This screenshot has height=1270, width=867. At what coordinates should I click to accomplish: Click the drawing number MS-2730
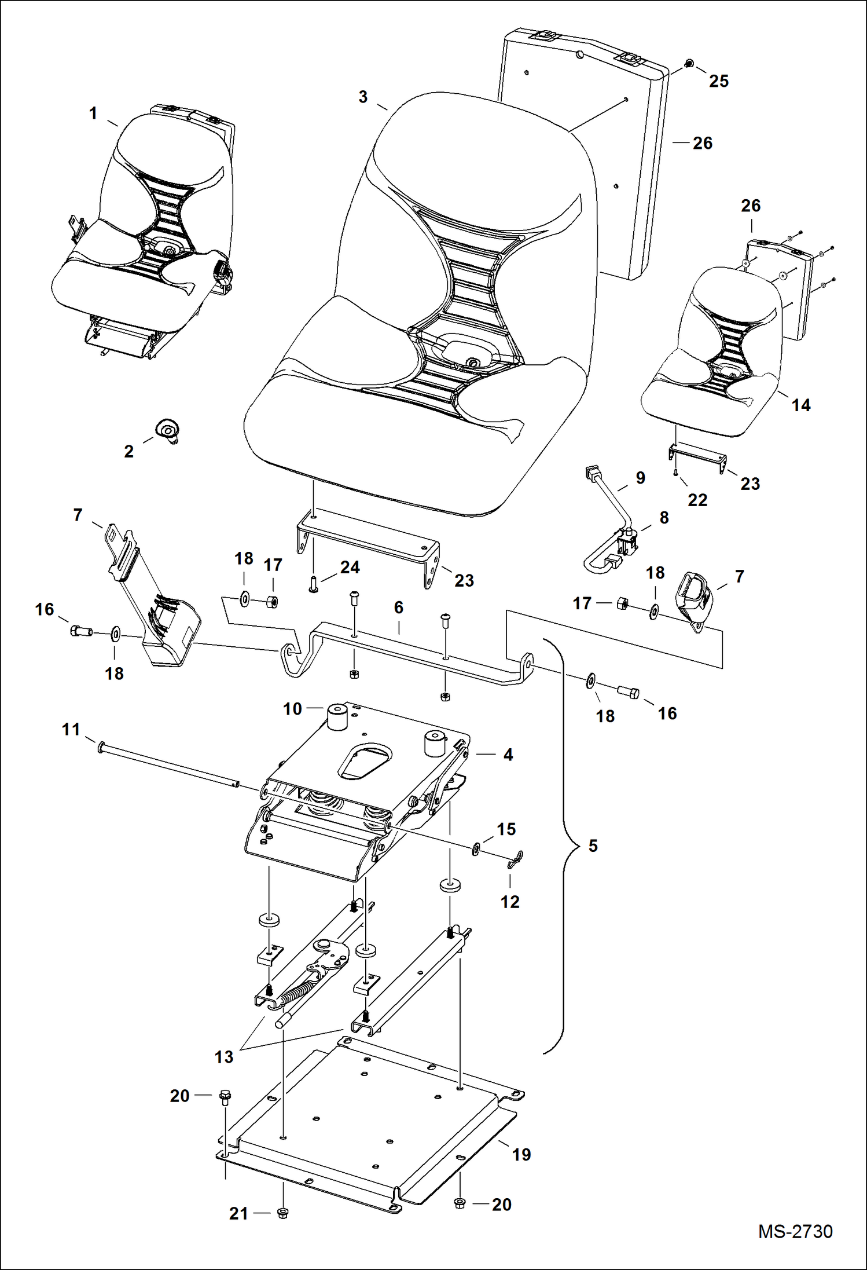tap(795, 1231)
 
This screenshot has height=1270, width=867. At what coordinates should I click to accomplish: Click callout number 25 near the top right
tap(718, 81)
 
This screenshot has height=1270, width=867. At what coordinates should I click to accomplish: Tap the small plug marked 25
tap(689, 63)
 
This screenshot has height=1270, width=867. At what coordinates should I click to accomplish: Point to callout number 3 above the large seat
tap(363, 97)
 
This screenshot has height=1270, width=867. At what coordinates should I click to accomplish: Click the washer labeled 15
tap(476, 850)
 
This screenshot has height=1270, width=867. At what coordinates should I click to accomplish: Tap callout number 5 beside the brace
tap(593, 846)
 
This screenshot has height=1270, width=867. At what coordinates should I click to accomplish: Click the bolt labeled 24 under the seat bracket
tap(313, 587)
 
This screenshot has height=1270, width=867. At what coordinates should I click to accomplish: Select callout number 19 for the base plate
tap(521, 1154)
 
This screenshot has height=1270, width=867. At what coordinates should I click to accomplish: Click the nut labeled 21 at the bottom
tap(283, 1212)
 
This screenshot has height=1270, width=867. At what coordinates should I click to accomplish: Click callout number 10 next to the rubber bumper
tap(292, 708)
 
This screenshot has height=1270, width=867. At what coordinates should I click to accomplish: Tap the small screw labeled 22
tap(676, 472)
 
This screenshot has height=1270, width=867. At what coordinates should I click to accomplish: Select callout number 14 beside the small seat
tap(800, 405)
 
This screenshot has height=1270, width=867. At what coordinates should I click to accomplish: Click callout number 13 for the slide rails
tap(223, 1056)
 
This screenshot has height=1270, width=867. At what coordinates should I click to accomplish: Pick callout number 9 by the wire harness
tap(640, 478)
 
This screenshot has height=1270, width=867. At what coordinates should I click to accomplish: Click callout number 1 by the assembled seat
tap(93, 113)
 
